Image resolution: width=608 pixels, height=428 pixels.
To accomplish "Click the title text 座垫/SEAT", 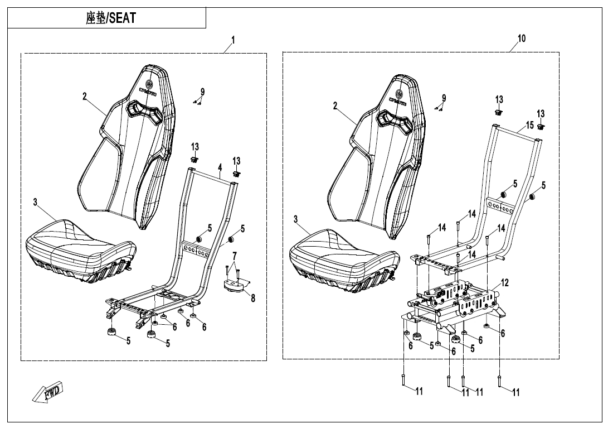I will coord(111,18).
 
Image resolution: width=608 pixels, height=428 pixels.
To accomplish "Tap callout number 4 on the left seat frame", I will coord(220,167).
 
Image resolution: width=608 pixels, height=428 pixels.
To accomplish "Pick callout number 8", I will coord(253,298).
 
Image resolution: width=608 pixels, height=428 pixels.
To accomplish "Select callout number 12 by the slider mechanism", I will coord(504,283).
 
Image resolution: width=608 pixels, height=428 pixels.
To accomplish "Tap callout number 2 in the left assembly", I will coord(85,96).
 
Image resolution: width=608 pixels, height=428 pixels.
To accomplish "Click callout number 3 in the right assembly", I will coord(295,219).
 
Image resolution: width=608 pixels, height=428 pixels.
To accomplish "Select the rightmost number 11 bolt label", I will coord(515,392).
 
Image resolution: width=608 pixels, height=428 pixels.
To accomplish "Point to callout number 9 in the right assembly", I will coord(444,98).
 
